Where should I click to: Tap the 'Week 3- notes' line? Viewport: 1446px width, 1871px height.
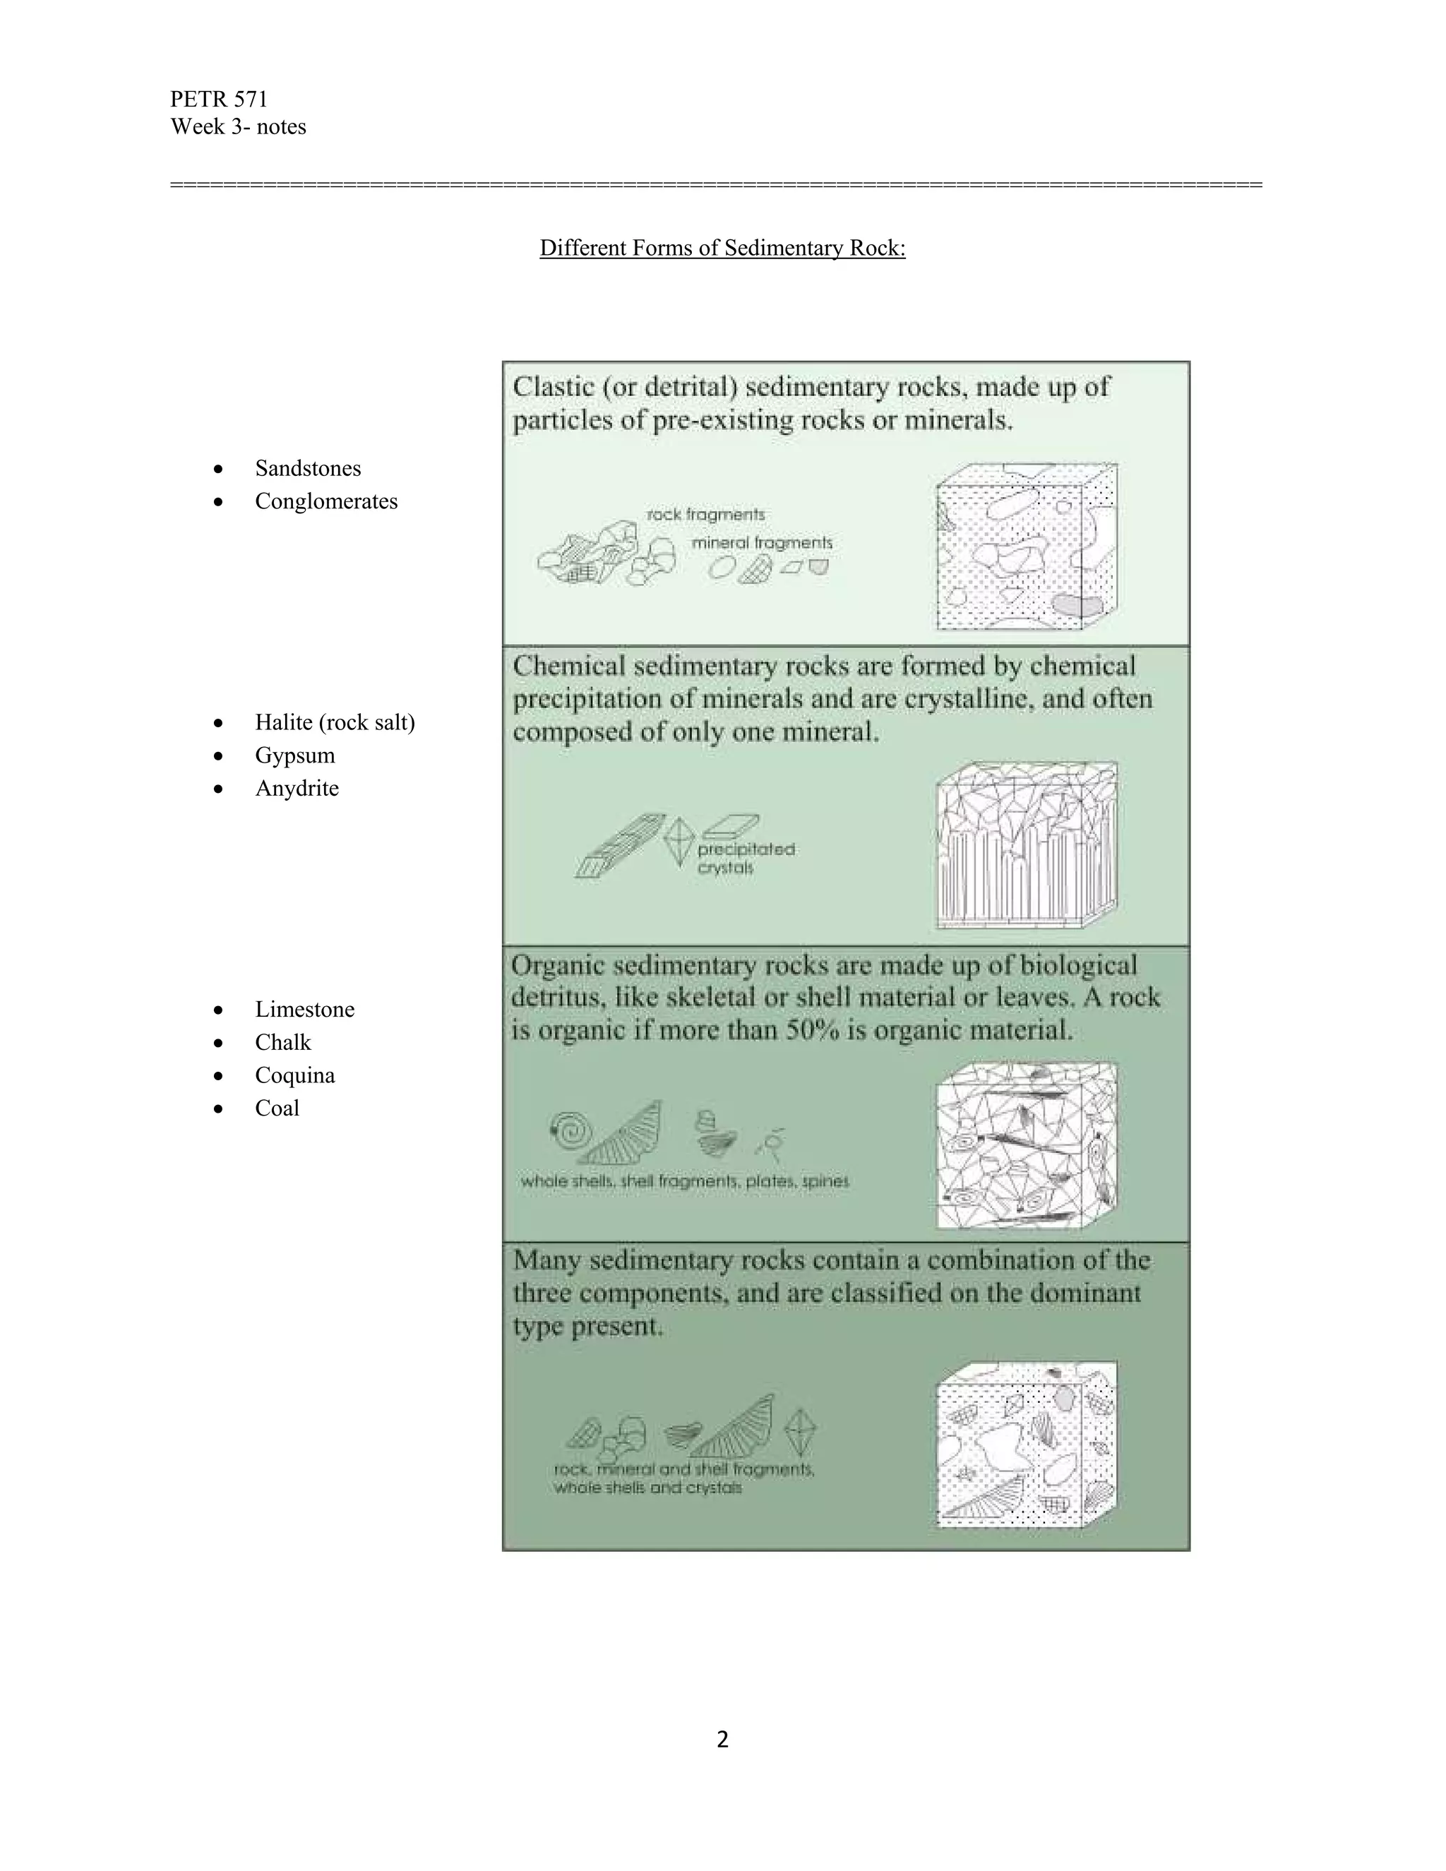pos(238,127)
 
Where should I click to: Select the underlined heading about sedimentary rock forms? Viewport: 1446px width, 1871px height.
pos(722,248)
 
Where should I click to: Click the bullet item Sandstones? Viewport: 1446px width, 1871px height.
pos(308,469)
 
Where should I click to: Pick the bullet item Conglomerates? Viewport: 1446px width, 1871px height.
pos(325,501)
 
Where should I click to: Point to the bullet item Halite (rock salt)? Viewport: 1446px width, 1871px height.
pos(334,722)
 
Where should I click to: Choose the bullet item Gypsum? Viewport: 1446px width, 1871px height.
pos(294,755)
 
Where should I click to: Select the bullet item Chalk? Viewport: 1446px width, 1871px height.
pos(282,1043)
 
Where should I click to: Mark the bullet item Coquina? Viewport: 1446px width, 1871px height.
pos(294,1075)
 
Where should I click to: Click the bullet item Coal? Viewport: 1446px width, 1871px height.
pos(277,1108)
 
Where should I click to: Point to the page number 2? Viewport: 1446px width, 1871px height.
pos(722,1739)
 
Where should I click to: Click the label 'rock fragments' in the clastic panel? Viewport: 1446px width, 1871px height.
pos(705,515)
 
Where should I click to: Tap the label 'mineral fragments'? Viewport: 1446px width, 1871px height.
pos(762,543)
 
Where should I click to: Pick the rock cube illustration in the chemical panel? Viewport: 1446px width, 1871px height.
pos(1026,844)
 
